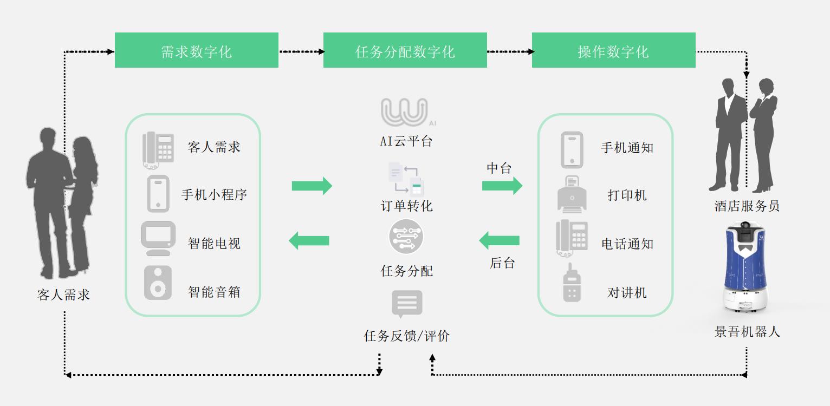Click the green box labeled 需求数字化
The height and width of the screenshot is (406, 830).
click(x=196, y=50)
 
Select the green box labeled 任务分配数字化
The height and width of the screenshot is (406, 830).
click(x=405, y=50)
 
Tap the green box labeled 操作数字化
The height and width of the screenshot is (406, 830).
click(x=613, y=50)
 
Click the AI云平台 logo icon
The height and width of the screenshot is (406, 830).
click(x=405, y=113)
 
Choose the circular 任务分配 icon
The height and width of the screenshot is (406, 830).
click(x=406, y=237)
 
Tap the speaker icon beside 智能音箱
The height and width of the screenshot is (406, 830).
click(x=158, y=283)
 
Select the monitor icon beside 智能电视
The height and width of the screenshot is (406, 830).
click(x=158, y=238)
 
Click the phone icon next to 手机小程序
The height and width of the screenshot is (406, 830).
click(x=158, y=194)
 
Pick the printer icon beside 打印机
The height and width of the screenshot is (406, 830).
click(x=572, y=194)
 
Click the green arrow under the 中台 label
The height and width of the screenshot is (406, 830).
click(x=502, y=186)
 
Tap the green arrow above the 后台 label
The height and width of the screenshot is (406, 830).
click(x=499, y=240)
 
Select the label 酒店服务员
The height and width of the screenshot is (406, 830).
click(x=747, y=206)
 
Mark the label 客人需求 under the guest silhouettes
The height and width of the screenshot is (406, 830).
click(x=63, y=295)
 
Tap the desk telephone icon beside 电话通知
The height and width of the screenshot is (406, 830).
click(x=572, y=238)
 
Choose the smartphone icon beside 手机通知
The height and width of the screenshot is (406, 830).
click(x=572, y=149)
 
